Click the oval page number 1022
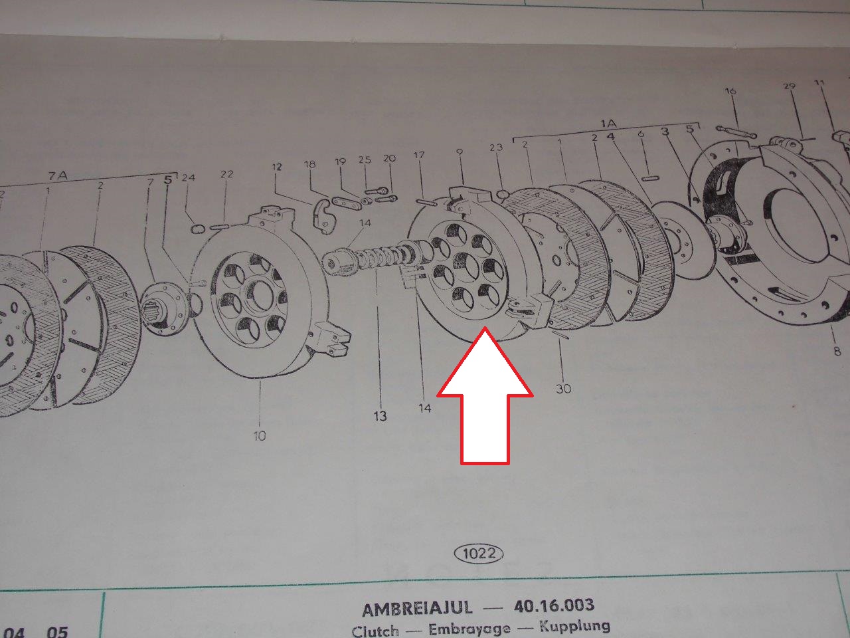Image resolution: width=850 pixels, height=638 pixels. pos(478,554)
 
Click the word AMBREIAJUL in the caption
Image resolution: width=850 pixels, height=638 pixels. pos(417,608)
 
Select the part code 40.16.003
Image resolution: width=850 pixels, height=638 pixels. pos(554,605)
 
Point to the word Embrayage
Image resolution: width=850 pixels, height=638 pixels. pos(469,629)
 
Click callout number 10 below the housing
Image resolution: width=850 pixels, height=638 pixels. pos(259,435)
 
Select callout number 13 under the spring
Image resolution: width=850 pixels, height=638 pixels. pos(379,416)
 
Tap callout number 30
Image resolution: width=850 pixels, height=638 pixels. pos(562,387)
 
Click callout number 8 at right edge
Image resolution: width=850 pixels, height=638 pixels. pos(837,350)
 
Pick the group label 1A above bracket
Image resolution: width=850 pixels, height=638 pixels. pos(609,124)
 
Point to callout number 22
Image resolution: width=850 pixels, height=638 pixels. pos(226,174)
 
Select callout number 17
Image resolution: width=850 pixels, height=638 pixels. pos(418,156)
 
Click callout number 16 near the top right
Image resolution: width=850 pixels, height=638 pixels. pos(730,91)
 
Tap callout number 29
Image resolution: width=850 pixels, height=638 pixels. pos(789,86)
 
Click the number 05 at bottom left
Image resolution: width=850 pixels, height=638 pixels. pos(57,632)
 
